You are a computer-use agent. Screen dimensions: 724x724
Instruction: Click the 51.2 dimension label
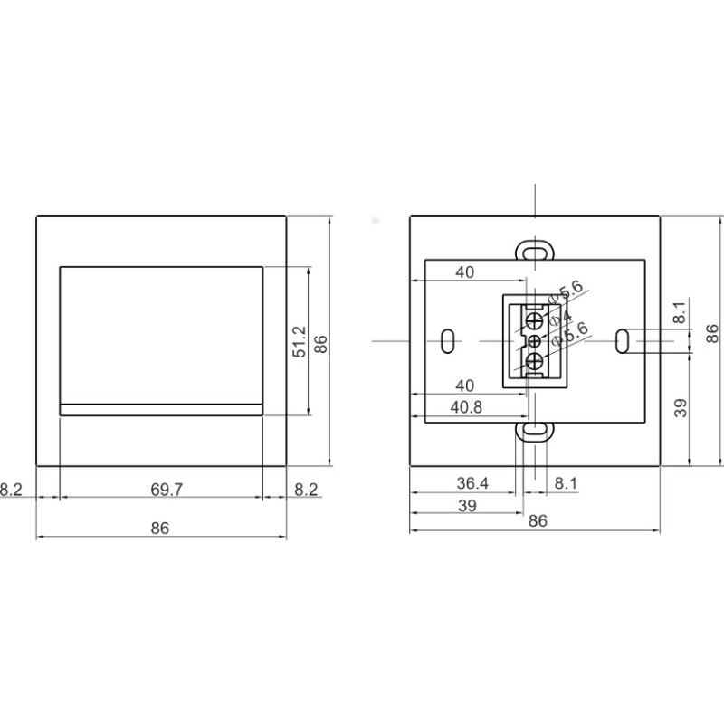[300, 343]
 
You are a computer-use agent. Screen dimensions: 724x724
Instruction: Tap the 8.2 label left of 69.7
[11, 490]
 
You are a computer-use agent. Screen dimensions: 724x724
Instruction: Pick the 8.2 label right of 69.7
[307, 490]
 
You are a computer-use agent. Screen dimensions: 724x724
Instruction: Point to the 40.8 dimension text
[466, 407]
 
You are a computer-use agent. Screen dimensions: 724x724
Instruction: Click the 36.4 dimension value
[472, 484]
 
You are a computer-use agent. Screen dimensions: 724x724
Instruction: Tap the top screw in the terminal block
[535, 320]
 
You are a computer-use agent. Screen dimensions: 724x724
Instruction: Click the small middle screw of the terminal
[534, 341]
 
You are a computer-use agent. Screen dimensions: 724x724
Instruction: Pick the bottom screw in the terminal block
[535, 363]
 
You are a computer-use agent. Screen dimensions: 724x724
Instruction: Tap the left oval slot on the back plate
[448, 341]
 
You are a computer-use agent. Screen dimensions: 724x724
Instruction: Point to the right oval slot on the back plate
[622, 341]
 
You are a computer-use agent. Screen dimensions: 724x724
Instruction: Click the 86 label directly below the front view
[160, 529]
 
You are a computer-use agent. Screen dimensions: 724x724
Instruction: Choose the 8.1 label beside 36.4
[566, 484]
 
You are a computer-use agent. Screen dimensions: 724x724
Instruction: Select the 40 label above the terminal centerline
[464, 272]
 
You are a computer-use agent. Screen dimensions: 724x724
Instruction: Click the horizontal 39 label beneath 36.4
[466, 506]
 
